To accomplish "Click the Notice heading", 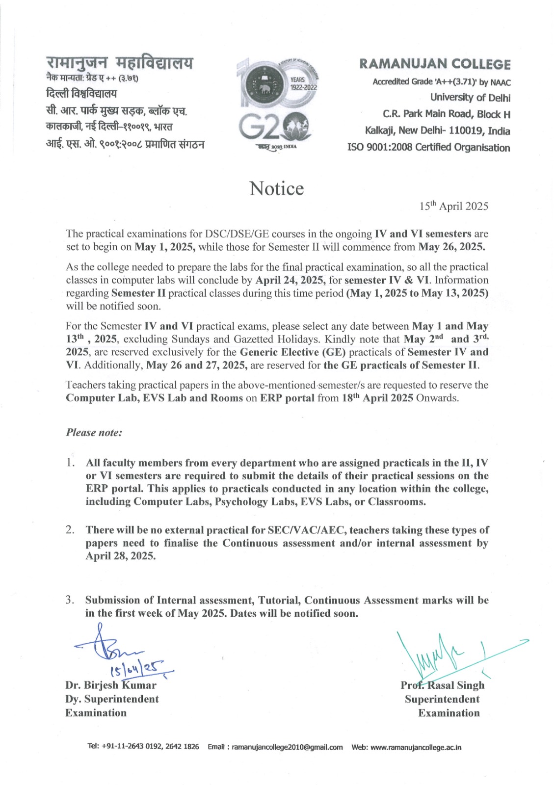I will (x=276, y=189).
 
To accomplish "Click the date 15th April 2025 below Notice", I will (x=453, y=206).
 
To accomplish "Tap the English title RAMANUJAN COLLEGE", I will (x=435, y=64).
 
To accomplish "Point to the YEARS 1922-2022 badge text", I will (x=297, y=83).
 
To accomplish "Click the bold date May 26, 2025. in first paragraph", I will (x=451, y=247).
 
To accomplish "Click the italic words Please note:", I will (x=94, y=432).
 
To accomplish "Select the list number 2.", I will (x=70, y=530).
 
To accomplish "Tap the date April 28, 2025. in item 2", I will (x=121, y=556).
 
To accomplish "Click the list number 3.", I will (x=70, y=600).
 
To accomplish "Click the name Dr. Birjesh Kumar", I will (x=111, y=685).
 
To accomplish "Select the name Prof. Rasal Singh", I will (x=442, y=685).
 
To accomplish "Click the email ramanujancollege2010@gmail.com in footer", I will (x=287, y=747).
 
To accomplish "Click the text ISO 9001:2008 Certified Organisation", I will (x=428, y=148).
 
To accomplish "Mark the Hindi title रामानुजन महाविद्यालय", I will (x=119, y=64).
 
